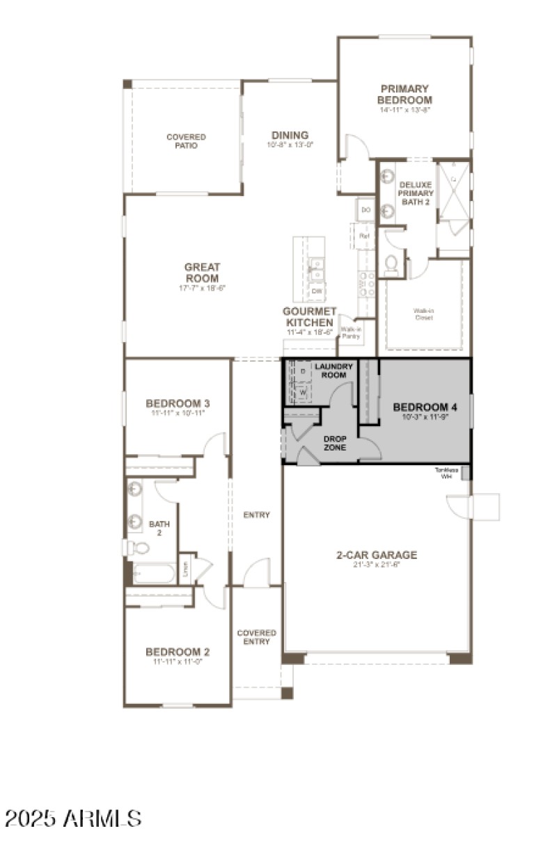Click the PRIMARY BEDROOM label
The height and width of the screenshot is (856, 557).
coord(405,95)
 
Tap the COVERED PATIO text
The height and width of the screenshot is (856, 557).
coord(186,141)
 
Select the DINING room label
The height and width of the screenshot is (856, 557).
coord(290,136)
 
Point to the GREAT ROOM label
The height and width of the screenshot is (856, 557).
coord(202,273)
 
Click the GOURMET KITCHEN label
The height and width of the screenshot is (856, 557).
coord(310,317)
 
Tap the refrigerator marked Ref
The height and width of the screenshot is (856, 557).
coord(363,236)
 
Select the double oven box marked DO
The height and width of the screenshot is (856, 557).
coord(366,209)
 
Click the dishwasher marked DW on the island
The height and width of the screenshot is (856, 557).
coord(317,291)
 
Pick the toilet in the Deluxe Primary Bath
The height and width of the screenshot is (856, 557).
coord(392,264)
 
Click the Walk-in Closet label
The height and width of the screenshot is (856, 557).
coord(423,314)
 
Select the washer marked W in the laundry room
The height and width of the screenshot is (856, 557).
coord(303,392)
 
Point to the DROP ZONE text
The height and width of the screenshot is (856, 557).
coord(335,443)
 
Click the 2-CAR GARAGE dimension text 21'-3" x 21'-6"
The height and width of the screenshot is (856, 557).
coord(377,565)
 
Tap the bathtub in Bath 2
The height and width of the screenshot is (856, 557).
coord(153,574)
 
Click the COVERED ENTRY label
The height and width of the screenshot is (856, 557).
coord(257,637)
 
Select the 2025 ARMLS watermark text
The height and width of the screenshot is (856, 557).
coord(73,818)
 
